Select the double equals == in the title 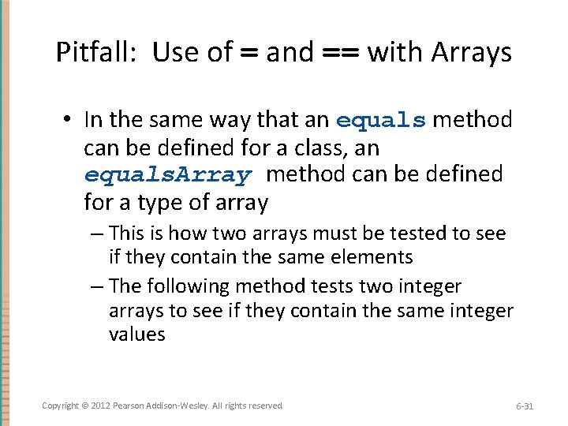pyautogui.click(x=340, y=54)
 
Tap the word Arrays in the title pyautogui.click(x=473, y=53)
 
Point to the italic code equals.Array pyautogui.click(x=167, y=175)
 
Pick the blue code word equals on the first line pyautogui.click(x=381, y=121)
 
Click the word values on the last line pyautogui.click(x=137, y=334)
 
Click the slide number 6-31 pyautogui.click(x=525, y=406)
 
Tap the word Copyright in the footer pyautogui.click(x=61, y=405)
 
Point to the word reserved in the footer pyautogui.click(x=265, y=405)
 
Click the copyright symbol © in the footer pyautogui.click(x=85, y=405)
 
